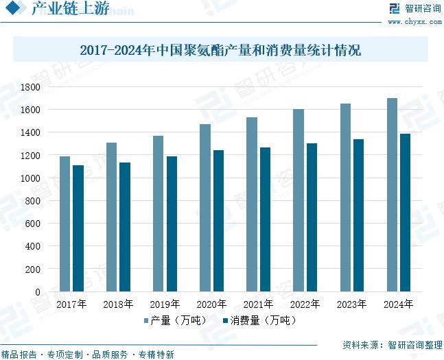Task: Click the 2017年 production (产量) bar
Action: [x=65, y=224]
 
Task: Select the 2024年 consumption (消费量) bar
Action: [x=406, y=213]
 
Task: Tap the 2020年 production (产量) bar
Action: [x=205, y=208]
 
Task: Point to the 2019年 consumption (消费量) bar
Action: [x=172, y=224]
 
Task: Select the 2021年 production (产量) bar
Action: [x=252, y=204]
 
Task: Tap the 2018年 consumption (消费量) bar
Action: [x=125, y=227]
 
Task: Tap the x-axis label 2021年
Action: [x=258, y=304]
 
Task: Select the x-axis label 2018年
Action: [x=118, y=304]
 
